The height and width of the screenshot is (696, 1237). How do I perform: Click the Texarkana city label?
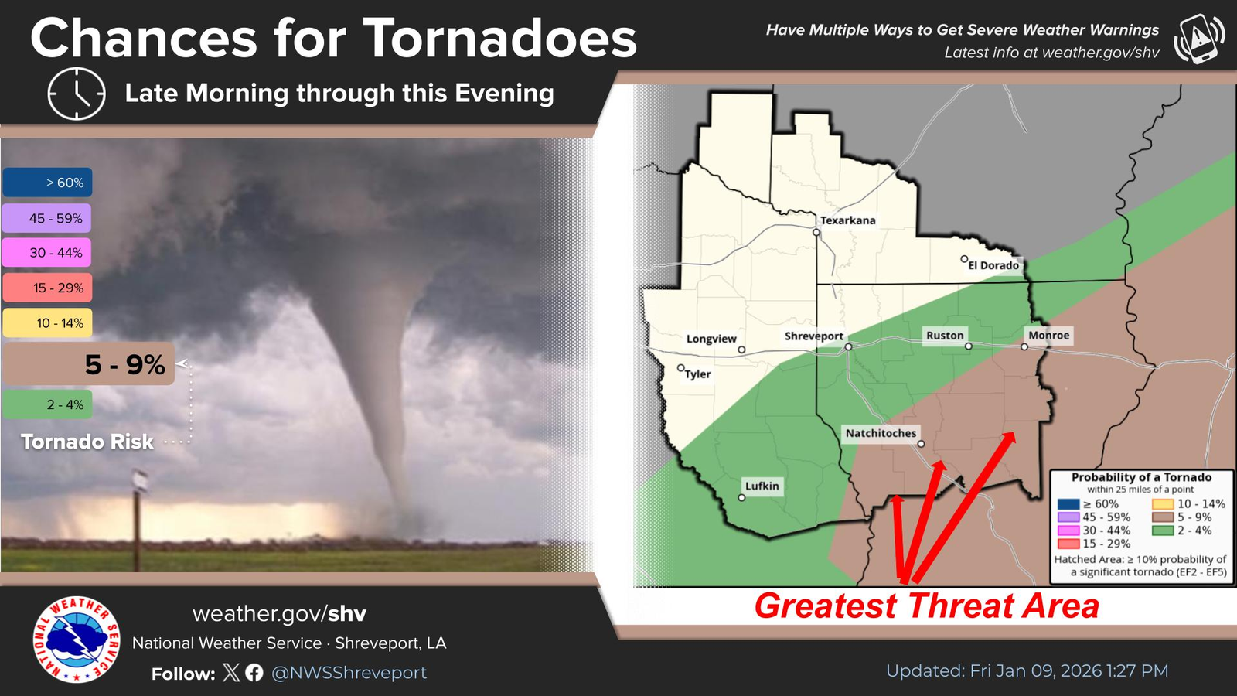(x=847, y=220)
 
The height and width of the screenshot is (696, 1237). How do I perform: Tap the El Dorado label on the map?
(x=993, y=265)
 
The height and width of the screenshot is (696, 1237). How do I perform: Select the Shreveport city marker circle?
(x=848, y=347)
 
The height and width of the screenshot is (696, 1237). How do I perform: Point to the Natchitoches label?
(x=881, y=433)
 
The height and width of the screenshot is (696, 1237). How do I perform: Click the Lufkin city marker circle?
(x=741, y=498)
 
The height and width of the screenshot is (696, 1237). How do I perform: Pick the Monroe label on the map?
(x=1048, y=336)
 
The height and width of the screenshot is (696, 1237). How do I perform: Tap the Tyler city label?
(x=697, y=374)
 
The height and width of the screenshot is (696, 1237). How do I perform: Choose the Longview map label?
(x=711, y=339)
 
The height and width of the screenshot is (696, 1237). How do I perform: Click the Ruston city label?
(x=945, y=336)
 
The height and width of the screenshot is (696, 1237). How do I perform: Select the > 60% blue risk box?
(x=47, y=183)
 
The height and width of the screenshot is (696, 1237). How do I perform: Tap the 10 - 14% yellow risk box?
(x=47, y=322)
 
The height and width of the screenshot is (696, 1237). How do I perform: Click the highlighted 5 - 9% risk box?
(x=89, y=364)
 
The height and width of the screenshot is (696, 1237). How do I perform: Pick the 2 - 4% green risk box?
(x=47, y=404)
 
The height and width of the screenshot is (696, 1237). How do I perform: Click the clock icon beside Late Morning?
(x=77, y=94)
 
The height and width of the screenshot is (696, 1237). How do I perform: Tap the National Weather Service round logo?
(x=77, y=640)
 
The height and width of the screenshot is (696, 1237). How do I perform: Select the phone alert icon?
(x=1198, y=39)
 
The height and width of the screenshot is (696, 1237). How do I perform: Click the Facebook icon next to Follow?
(x=254, y=672)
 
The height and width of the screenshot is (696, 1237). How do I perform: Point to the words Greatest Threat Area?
(x=927, y=606)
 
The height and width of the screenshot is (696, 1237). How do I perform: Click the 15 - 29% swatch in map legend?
(x=1068, y=544)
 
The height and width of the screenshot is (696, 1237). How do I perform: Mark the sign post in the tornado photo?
(x=137, y=519)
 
